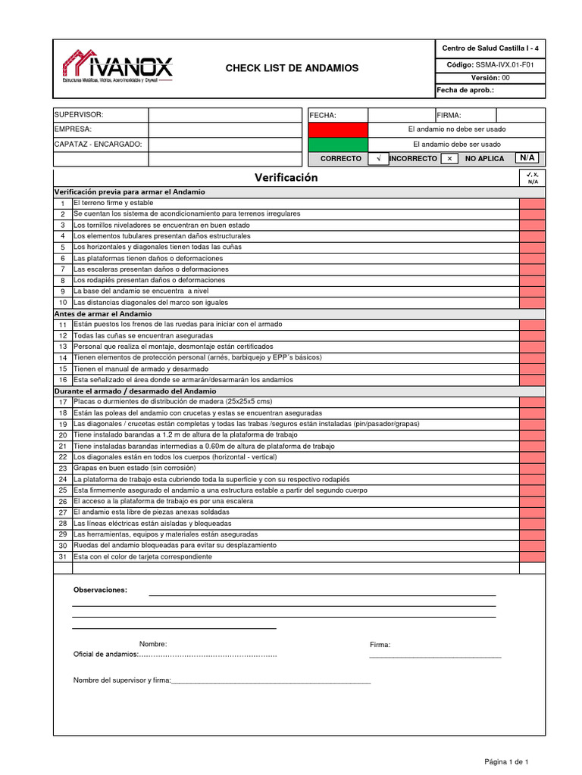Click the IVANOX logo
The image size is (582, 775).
tap(117, 67)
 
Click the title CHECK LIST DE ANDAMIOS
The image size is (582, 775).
tap(292, 69)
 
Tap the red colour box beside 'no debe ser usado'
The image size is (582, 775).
tap(337, 129)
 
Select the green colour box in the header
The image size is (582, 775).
tap(337, 144)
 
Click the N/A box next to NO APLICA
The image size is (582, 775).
tap(527, 158)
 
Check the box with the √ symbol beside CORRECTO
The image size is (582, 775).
tap(377, 159)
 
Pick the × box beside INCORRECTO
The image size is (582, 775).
tap(449, 159)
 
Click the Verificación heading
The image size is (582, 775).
tap(286, 178)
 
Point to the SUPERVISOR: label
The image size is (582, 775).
tap(79, 114)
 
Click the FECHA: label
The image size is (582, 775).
tap(323, 115)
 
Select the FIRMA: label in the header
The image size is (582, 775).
tap(449, 115)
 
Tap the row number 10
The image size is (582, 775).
tap(63, 303)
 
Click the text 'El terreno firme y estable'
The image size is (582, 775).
tap(113, 203)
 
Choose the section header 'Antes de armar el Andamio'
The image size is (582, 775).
tap(103, 313)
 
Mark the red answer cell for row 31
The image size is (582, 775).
tap(531, 557)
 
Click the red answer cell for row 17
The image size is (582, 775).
tap(531, 402)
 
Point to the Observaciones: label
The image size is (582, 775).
tap(100, 590)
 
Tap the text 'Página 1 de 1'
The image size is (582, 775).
tap(506, 761)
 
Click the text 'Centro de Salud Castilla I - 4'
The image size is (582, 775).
tap(490, 48)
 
